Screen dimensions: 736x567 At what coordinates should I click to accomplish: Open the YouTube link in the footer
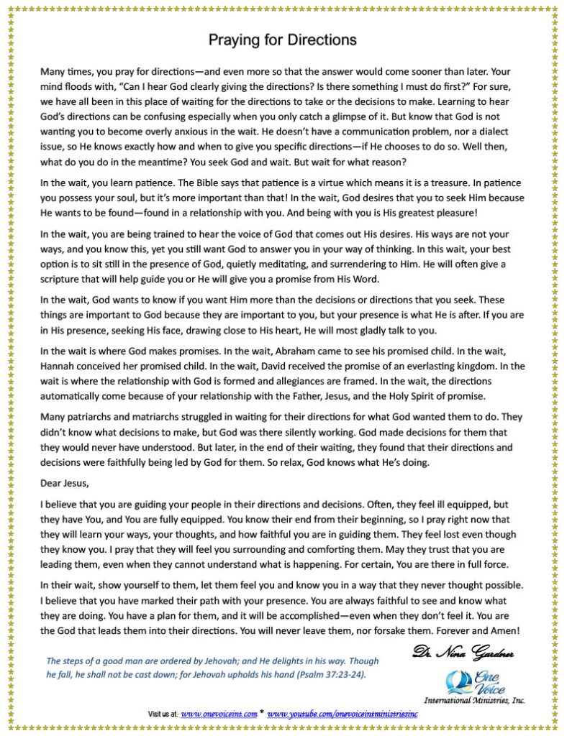(343, 714)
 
